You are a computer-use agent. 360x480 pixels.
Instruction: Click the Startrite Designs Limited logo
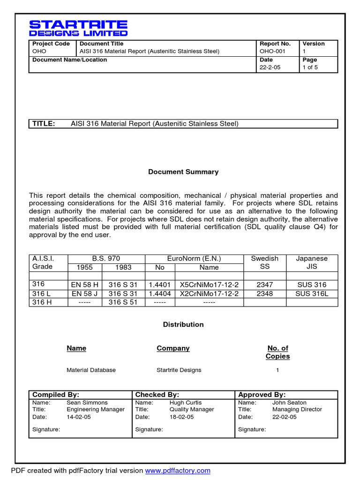[x=78, y=28]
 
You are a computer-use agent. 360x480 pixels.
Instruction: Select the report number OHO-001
[x=272, y=52]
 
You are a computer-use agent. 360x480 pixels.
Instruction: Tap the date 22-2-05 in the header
[x=270, y=67]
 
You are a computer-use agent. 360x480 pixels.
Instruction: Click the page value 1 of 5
[x=310, y=67]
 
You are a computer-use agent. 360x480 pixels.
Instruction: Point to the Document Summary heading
[x=183, y=172]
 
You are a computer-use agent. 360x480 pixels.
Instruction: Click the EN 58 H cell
[x=85, y=285]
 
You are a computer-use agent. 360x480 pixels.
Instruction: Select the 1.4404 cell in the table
[x=159, y=293]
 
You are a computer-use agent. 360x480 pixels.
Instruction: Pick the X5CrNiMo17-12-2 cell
[x=209, y=285]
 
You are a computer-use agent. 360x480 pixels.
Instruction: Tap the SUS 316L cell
[x=312, y=293]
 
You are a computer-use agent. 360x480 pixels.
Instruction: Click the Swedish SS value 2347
[x=265, y=285]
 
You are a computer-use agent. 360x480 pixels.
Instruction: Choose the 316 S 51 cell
[x=123, y=302]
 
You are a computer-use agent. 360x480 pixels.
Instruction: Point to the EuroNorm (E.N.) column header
[x=194, y=259]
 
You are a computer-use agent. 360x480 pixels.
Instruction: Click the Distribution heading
[x=183, y=324]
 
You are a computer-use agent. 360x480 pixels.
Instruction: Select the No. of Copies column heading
[x=277, y=352]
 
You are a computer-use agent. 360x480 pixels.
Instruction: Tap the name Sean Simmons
[x=87, y=403]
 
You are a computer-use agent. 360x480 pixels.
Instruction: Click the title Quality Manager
[x=192, y=410]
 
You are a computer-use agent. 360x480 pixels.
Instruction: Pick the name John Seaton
[x=289, y=403]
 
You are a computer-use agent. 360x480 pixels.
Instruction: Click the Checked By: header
[x=157, y=395]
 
